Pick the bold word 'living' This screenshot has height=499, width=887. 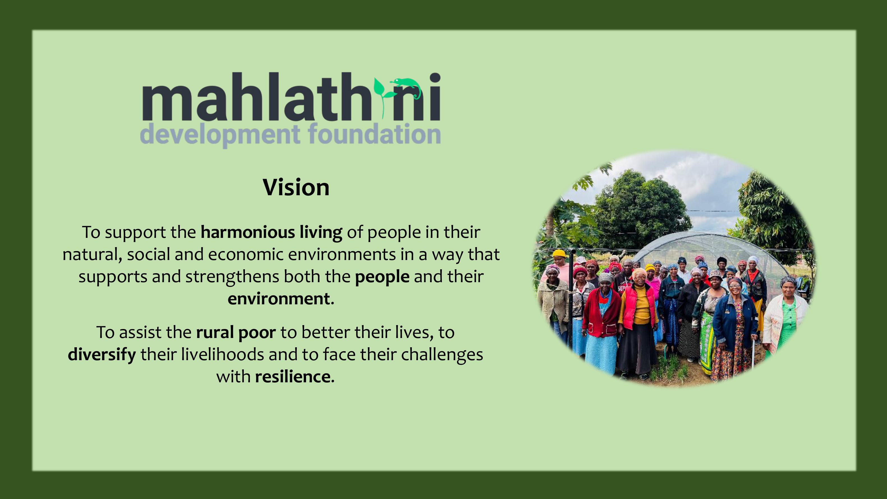pos(321,233)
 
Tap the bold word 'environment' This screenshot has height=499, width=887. pos(279,298)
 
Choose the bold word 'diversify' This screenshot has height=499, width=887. pos(102,355)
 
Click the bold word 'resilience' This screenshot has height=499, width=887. pos(293,376)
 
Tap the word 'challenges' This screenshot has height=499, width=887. pos(442,355)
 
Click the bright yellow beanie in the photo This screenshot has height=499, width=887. pos(559,254)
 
